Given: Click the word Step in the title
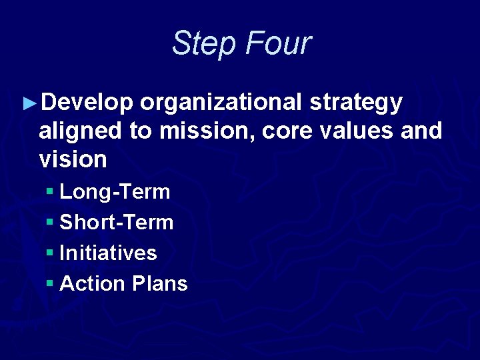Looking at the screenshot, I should point(204,44).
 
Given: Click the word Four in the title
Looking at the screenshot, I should point(278,43).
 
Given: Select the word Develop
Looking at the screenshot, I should point(87,103).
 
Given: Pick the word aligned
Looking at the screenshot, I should point(81,131).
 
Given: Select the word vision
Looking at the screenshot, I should point(73,159).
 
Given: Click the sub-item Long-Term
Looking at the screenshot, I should point(115,192).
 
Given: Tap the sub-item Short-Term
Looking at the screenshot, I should point(116,223).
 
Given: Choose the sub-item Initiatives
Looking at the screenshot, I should point(108,253).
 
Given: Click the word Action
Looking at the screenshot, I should point(93,284).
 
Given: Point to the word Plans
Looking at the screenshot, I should point(160,284).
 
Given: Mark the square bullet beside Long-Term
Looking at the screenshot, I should point(50,193).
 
